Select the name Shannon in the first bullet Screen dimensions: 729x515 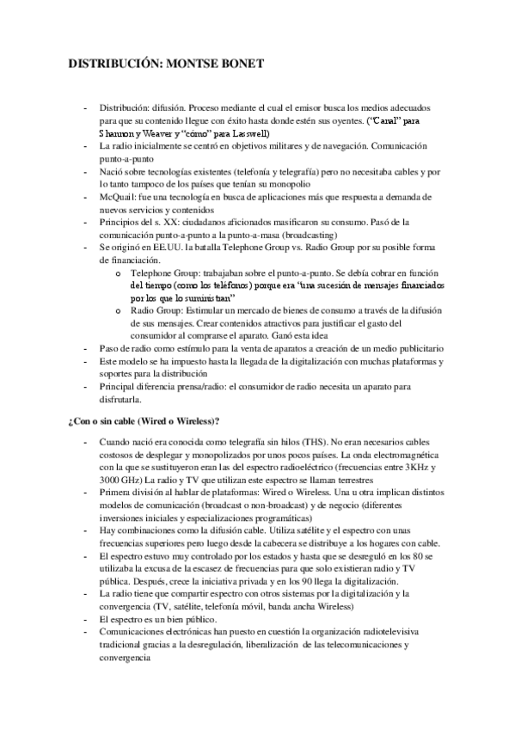[120, 135]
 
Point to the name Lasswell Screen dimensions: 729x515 [250, 135]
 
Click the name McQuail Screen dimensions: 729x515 [119, 197]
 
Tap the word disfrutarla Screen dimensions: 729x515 [124, 400]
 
